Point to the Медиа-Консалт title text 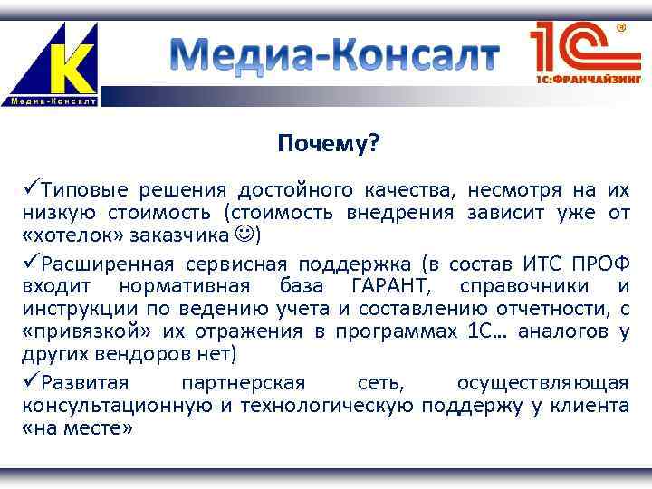(335, 55)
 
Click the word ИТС (544, 264)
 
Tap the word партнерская (244, 382)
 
